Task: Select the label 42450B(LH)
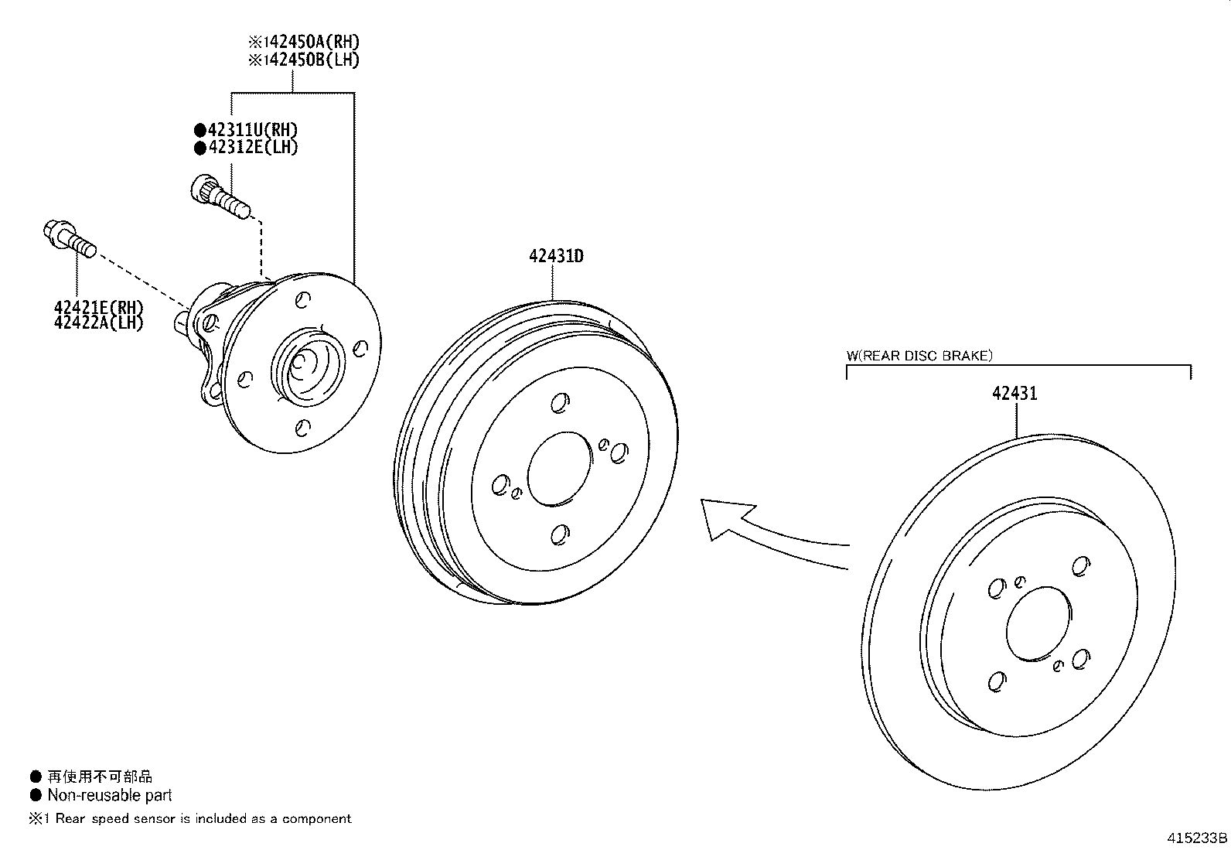pos(309,60)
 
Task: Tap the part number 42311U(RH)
pos(252,130)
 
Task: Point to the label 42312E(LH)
pos(252,147)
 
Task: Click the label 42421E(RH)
pos(99,307)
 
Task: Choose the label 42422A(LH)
pos(99,323)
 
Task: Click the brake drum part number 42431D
pos(556,256)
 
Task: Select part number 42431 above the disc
pos(1014,394)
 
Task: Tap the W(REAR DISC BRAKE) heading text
pos(919,356)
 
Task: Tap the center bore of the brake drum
pos(559,469)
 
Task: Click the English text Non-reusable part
pos(109,795)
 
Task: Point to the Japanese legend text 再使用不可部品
pos(100,777)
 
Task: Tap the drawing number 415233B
pos(1197,838)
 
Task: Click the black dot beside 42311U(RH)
pos(200,130)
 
